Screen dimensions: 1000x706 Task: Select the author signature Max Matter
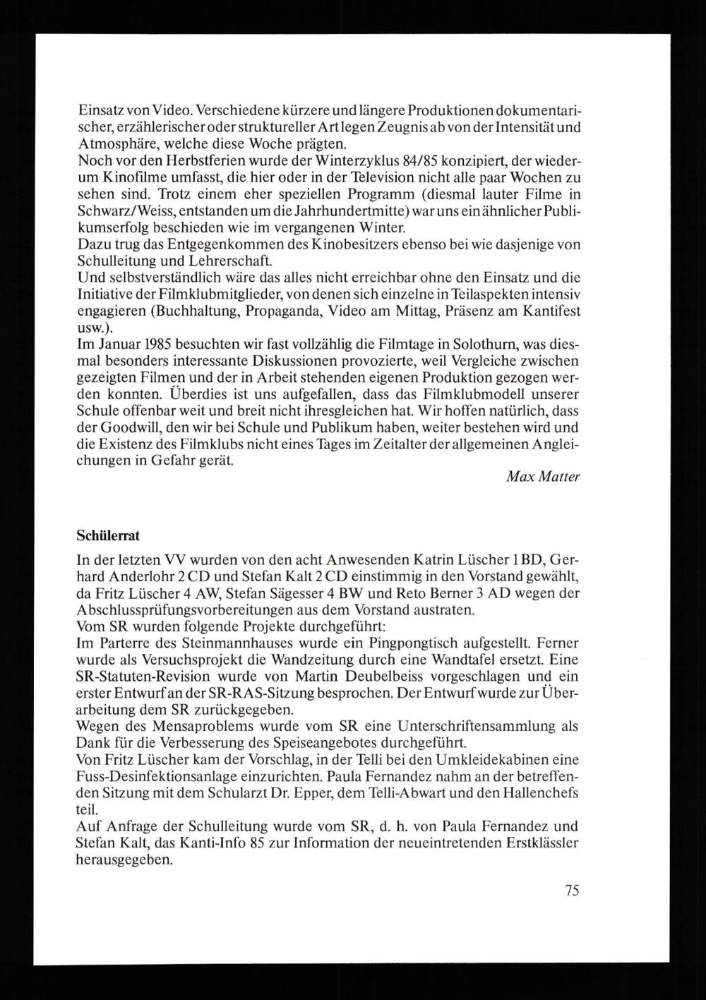pos(543,477)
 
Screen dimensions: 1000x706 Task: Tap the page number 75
pos(572,891)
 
